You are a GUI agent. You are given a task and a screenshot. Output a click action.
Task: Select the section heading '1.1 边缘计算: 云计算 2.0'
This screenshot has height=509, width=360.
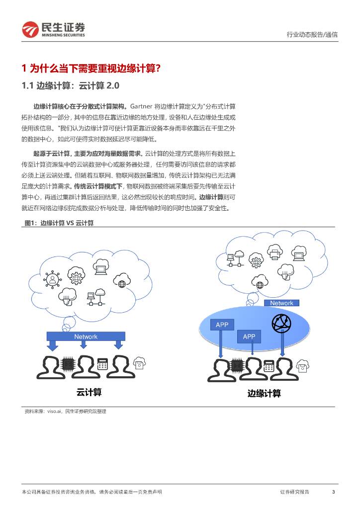click(71, 85)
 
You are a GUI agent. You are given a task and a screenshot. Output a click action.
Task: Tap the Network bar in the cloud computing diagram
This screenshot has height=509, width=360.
click(86, 337)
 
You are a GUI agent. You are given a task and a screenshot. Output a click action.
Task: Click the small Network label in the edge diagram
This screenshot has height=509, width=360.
click(281, 303)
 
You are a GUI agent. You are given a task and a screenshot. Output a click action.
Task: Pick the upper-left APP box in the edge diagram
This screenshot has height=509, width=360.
click(222, 325)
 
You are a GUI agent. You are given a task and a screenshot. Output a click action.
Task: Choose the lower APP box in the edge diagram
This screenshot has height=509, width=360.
click(249, 337)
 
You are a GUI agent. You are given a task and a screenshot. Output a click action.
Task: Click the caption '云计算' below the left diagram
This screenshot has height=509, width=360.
click(89, 392)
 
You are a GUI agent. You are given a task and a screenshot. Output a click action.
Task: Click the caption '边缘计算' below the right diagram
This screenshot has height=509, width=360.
click(264, 393)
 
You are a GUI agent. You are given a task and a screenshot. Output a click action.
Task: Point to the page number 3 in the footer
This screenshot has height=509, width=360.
click(333, 492)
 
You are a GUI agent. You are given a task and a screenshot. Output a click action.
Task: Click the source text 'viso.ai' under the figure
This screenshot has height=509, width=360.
click(54, 412)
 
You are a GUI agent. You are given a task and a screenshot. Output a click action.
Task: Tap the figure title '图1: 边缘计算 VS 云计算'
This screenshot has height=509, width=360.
click(59, 223)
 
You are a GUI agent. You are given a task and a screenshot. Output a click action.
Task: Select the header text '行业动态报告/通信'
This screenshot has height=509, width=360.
click(312, 34)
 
